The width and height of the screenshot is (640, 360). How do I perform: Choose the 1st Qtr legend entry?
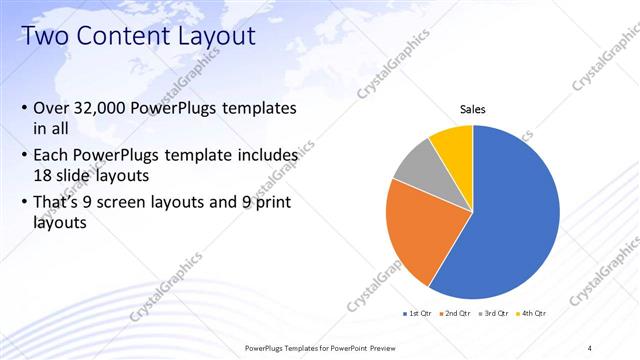(417, 314)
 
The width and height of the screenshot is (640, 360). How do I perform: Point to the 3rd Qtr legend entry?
(496, 314)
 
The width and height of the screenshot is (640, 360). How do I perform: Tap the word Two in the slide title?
(44, 37)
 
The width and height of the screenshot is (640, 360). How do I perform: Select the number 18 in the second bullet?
(44, 174)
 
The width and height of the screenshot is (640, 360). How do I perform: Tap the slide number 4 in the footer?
(590, 348)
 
